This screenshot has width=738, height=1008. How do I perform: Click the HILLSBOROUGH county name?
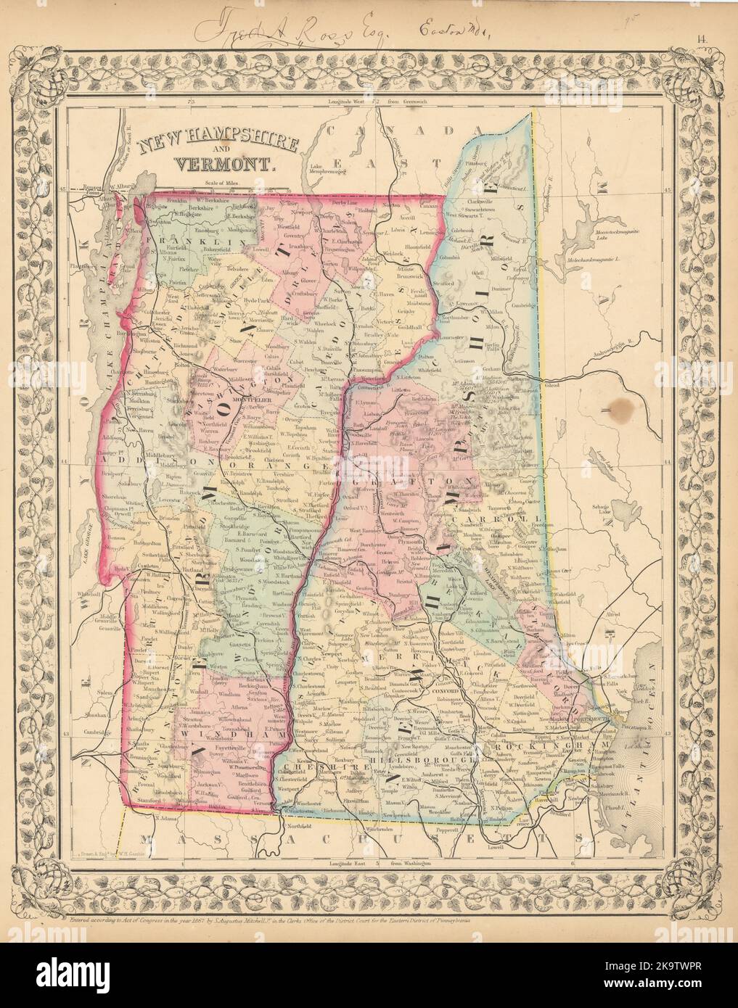point(402,761)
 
